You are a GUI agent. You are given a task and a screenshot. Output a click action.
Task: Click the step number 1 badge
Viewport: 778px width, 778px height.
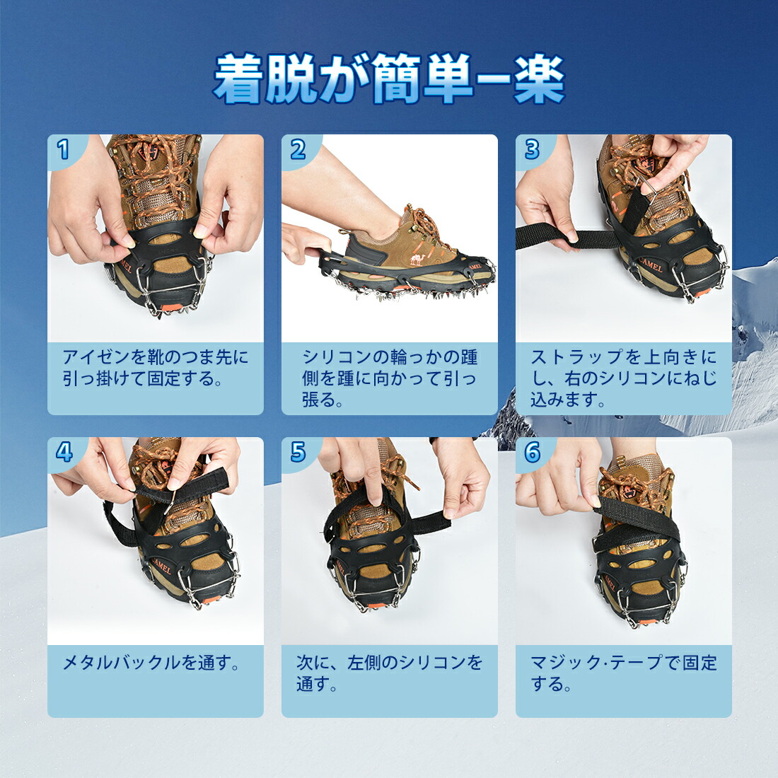tap(64, 149)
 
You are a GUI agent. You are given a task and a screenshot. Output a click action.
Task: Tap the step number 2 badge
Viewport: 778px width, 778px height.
tap(298, 149)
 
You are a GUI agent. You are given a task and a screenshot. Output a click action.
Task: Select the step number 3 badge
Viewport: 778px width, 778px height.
tap(532, 149)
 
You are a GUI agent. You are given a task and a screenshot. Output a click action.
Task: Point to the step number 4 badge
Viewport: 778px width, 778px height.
tap(64, 451)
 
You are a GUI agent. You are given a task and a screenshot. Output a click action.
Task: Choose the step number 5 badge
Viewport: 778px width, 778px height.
tap(298, 451)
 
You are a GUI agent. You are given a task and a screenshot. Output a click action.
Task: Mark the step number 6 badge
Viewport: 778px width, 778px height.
tap(532, 451)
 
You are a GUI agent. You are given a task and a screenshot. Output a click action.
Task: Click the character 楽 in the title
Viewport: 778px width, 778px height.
tap(540, 79)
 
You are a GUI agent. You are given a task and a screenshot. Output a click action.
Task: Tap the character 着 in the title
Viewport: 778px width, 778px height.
tap(239, 79)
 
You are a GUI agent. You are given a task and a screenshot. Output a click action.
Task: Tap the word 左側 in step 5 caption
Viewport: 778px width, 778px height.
tap(364, 663)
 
